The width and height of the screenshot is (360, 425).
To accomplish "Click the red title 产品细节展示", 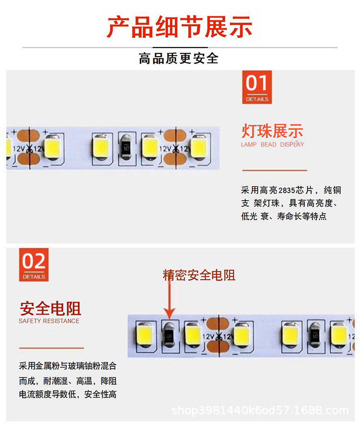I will (180, 26).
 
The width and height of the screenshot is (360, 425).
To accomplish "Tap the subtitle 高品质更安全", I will (179, 59).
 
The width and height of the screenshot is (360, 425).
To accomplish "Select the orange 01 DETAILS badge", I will (257, 87).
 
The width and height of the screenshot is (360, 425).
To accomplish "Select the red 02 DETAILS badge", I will (34, 265).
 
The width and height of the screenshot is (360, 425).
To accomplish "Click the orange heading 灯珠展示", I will (272, 131).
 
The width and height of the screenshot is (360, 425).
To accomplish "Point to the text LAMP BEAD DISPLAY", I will (272, 145).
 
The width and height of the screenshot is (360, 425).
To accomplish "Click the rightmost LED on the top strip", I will (198, 147).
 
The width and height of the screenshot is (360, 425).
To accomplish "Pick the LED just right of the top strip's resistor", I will (150, 147).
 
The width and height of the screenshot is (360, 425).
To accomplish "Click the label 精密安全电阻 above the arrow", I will (199, 275).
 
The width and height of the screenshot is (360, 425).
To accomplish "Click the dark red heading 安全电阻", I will (50, 308).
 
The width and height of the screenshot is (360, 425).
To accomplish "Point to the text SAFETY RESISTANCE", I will (49, 321).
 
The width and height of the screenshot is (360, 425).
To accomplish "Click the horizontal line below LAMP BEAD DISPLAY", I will (274, 170).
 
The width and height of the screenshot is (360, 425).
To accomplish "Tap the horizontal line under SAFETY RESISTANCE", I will (51, 348).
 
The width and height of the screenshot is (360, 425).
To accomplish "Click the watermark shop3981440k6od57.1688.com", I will (260, 411).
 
